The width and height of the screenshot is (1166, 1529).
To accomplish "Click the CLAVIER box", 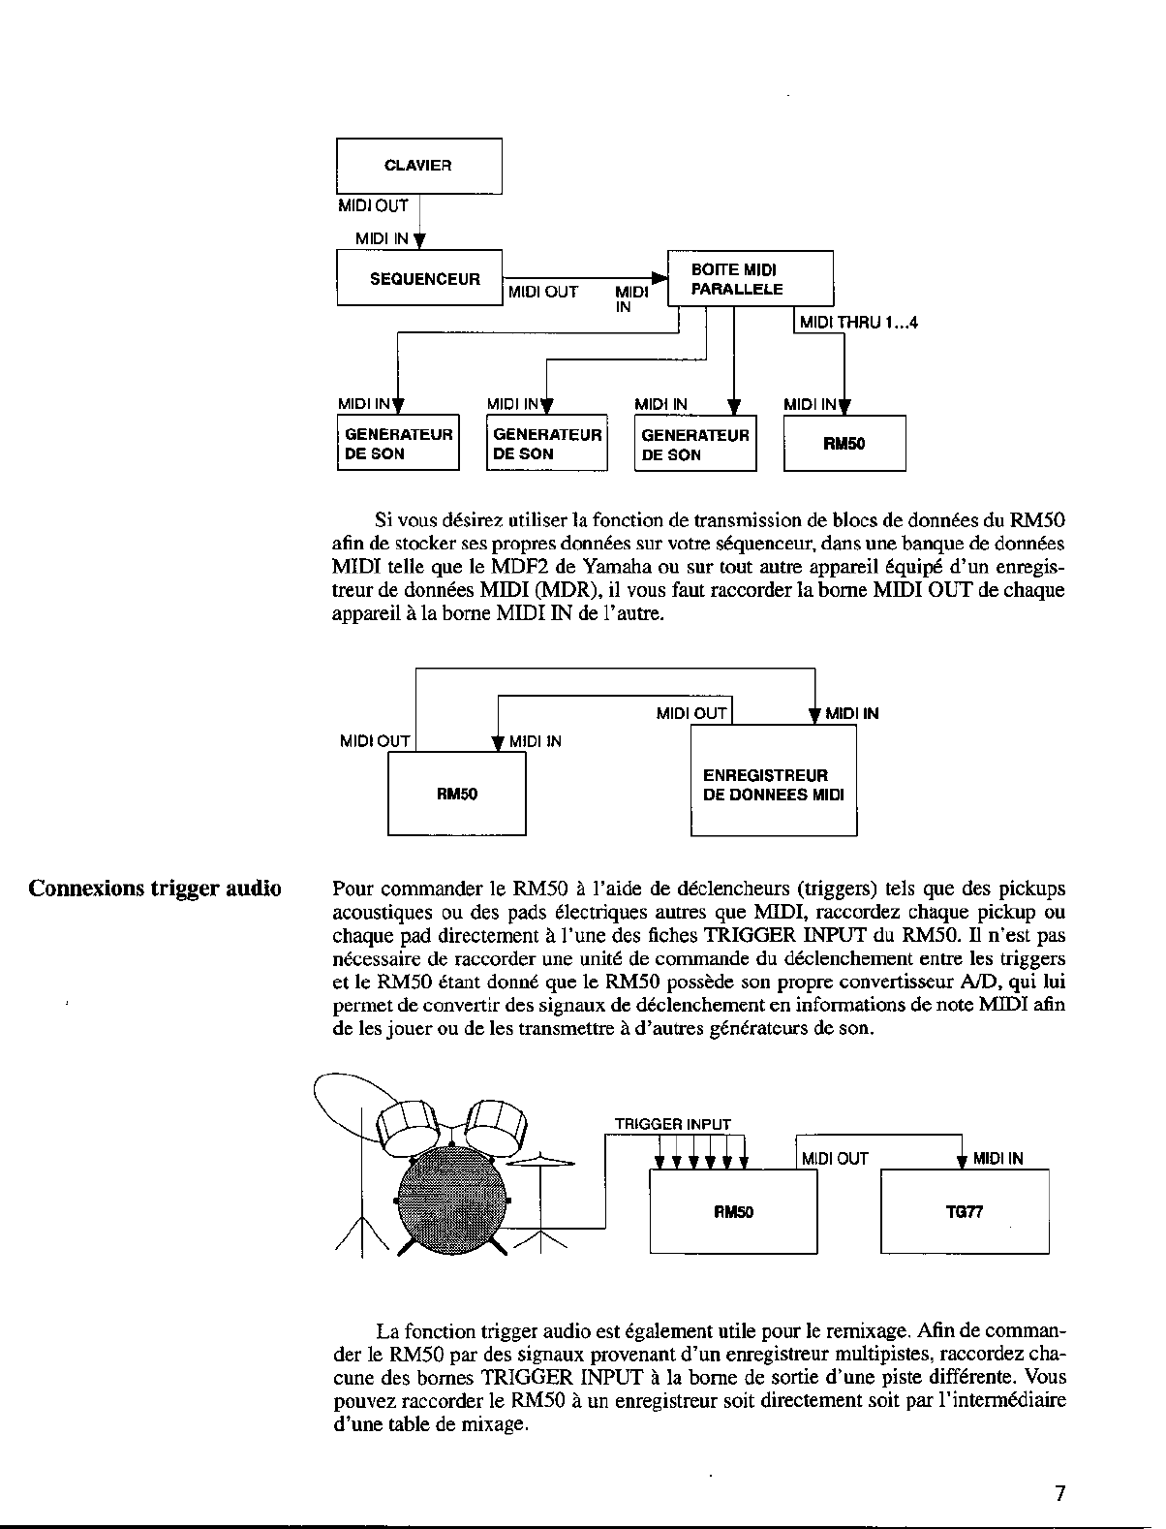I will point(418,166).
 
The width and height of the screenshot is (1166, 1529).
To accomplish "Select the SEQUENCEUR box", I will point(418,278).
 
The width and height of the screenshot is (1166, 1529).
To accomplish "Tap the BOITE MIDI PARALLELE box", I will point(750,278).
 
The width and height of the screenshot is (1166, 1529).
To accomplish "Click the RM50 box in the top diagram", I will point(844,444).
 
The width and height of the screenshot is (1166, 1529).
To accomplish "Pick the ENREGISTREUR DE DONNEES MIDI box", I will point(773,785).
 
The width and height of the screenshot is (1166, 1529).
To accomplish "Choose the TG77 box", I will point(965,1211).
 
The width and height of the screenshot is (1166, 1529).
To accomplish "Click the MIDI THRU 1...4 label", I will point(858,323).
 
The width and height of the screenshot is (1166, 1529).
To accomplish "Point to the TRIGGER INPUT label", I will point(673,1124).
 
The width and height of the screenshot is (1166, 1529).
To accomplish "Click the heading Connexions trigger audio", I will point(155,889).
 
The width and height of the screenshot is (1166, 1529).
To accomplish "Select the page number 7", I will point(1059,1493).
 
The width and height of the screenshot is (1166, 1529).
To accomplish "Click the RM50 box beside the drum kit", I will point(733,1211).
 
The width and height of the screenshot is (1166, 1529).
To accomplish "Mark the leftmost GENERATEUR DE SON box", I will point(398,444).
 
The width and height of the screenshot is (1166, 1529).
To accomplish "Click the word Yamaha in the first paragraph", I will point(617,566).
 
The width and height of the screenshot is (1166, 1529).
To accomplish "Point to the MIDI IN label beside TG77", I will point(997,1158).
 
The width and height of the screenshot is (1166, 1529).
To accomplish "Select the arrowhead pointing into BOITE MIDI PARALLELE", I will point(660,279).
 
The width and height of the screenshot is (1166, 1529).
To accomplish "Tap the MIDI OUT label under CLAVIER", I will point(373,206).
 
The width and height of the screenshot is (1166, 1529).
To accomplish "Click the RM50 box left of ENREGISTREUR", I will point(457,795).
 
